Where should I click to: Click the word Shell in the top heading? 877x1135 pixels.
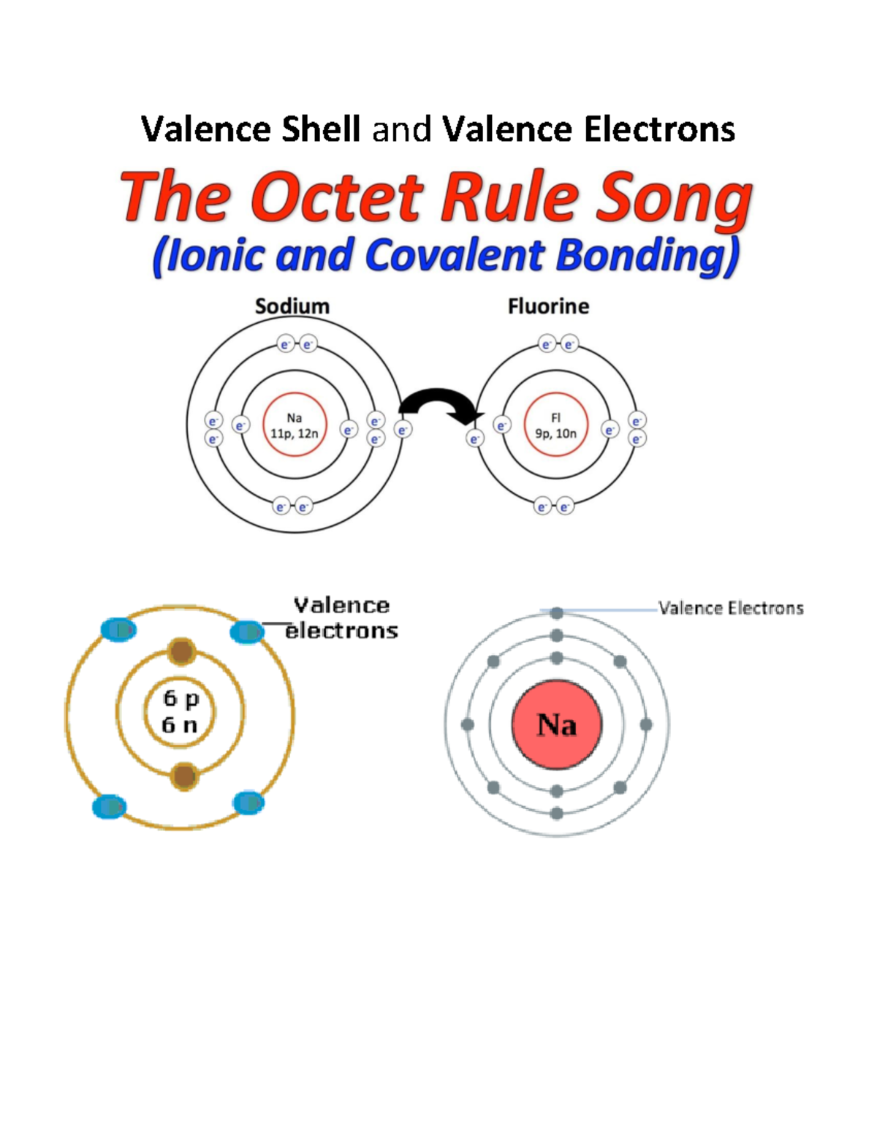pyautogui.click(x=321, y=129)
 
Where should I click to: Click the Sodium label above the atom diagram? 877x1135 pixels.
pyautogui.click(x=292, y=306)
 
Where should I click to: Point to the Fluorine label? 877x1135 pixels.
pyautogui.click(x=548, y=306)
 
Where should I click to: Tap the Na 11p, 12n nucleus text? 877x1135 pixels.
pyautogui.click(x=295, y=425)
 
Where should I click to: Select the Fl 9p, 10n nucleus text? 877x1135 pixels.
pyautogui.click(x=555, y=425)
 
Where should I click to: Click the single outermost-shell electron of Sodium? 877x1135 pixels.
pyautogui.click(x=402, y=430)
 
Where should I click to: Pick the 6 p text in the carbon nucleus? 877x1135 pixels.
pyautogui.click(x=181, y=699)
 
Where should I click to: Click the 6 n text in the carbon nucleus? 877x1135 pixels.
pyautogui.click(x=180, y=725)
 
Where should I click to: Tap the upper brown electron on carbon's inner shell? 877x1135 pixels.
pyautogui.click(x=182, y=652)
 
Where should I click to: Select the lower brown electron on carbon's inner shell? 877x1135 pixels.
pyautogui.click(x=184, y=776)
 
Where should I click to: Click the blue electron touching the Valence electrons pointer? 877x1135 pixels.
pyautogui.click(x=247, y=632)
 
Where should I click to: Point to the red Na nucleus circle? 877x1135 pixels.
pyautogui.click(x=557, y=725)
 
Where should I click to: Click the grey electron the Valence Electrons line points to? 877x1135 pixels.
pyautogui.click(x=557, y=612)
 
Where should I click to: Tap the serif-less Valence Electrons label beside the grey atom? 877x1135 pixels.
pyautogui.click(x=731, y=608)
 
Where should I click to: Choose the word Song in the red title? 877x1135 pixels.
pyautogui.click(x=675, y=200)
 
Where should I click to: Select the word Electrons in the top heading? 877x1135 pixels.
pyautogui.click(x=660, y=129)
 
